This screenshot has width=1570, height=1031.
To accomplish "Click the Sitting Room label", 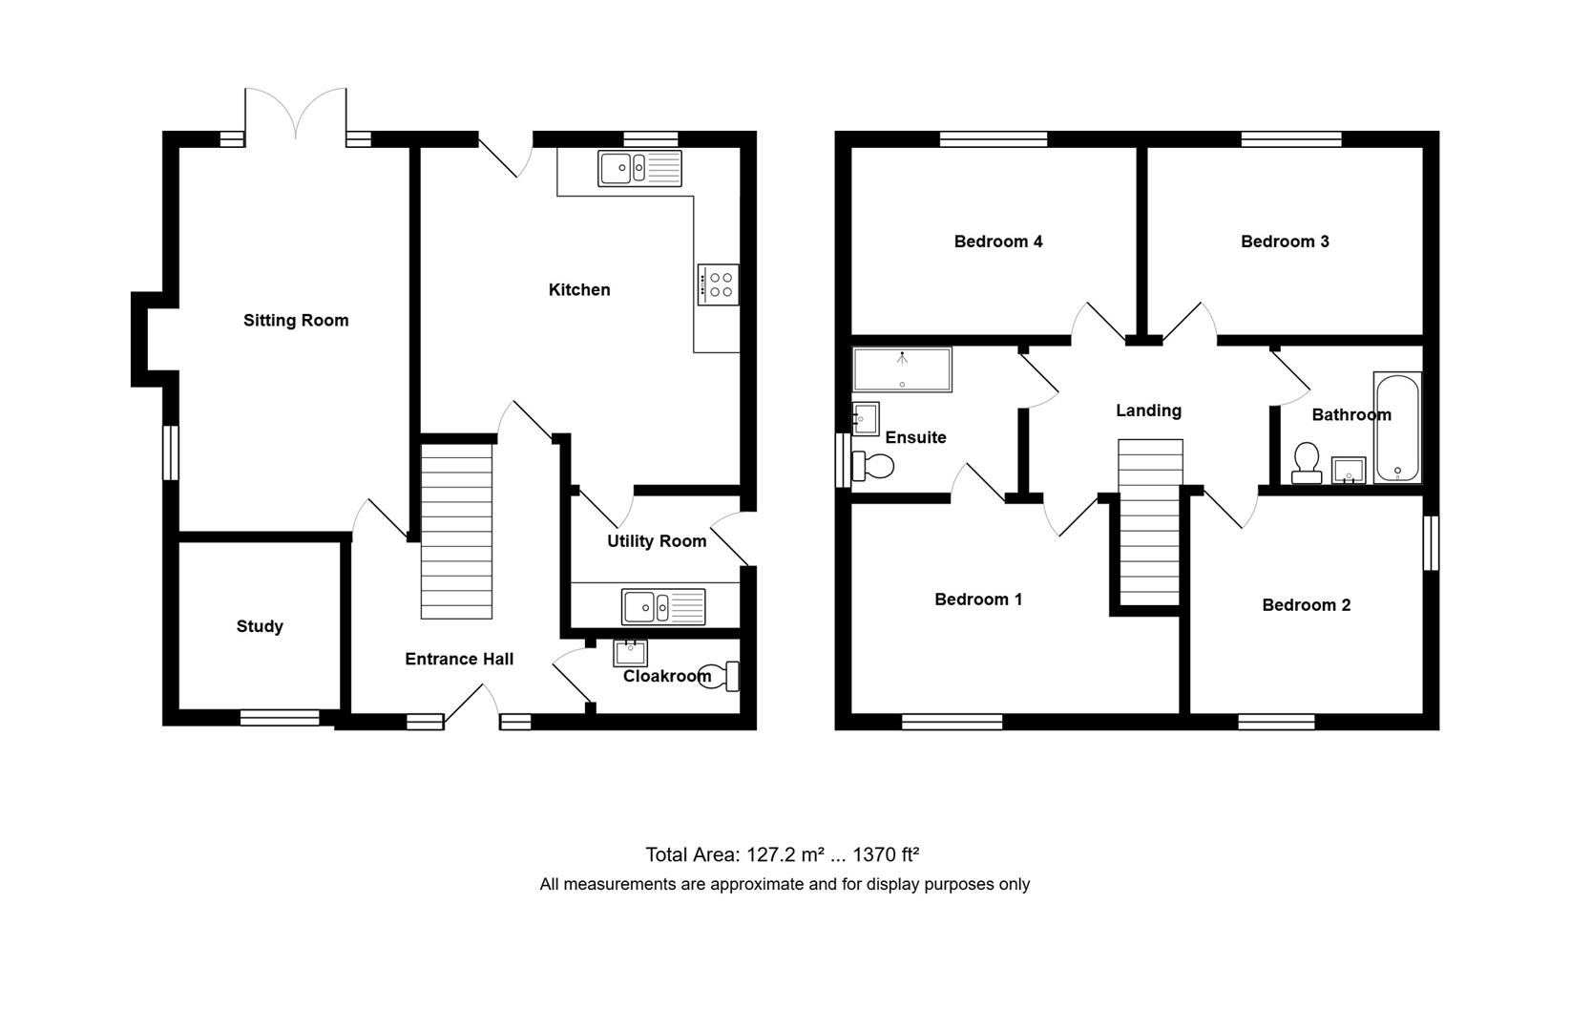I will [296, 321].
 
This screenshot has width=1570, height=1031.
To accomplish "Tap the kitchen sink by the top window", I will [639, 169].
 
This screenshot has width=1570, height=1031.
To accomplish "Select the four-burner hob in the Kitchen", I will [718, 284].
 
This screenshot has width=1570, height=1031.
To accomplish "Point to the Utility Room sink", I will [663, 606].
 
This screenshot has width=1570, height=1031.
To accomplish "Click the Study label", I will [260, 626].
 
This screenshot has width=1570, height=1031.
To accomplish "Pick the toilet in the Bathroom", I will [1306, 462].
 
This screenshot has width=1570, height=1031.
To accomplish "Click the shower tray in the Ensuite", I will [902, 369].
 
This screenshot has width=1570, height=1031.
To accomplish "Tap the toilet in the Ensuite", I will [874, 467].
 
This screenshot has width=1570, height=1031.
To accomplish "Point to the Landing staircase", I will [1150, 522].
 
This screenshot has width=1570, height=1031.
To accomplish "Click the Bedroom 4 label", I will [998, 242].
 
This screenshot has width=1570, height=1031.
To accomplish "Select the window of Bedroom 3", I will [1291, 139].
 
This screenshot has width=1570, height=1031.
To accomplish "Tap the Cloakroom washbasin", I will [630, 653].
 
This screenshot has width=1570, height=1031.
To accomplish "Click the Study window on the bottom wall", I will [280, 718].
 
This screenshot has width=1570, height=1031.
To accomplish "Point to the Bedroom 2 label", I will [1306, 605].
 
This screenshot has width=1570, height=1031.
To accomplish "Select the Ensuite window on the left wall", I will [844, 461].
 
